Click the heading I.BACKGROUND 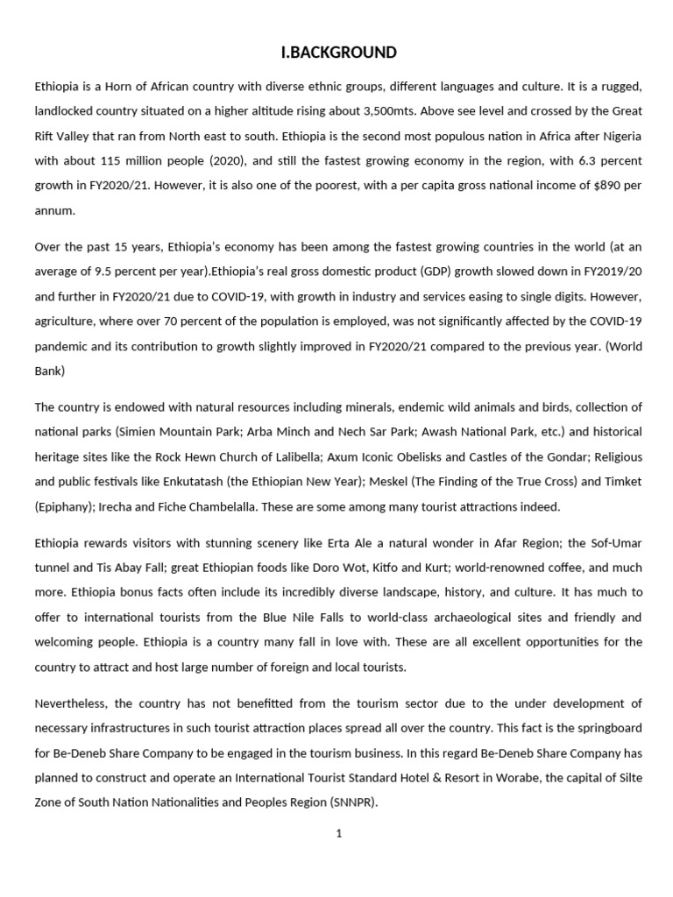pyautogui.click(x=338, y=53)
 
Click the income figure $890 pyautogui.click(x=589, y=187)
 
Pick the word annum pyautogui.click(x=53, y=211)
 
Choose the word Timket pyautogui.click(x=621, y=482)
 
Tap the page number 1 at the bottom pyautogui.click(x=338, y=834)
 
